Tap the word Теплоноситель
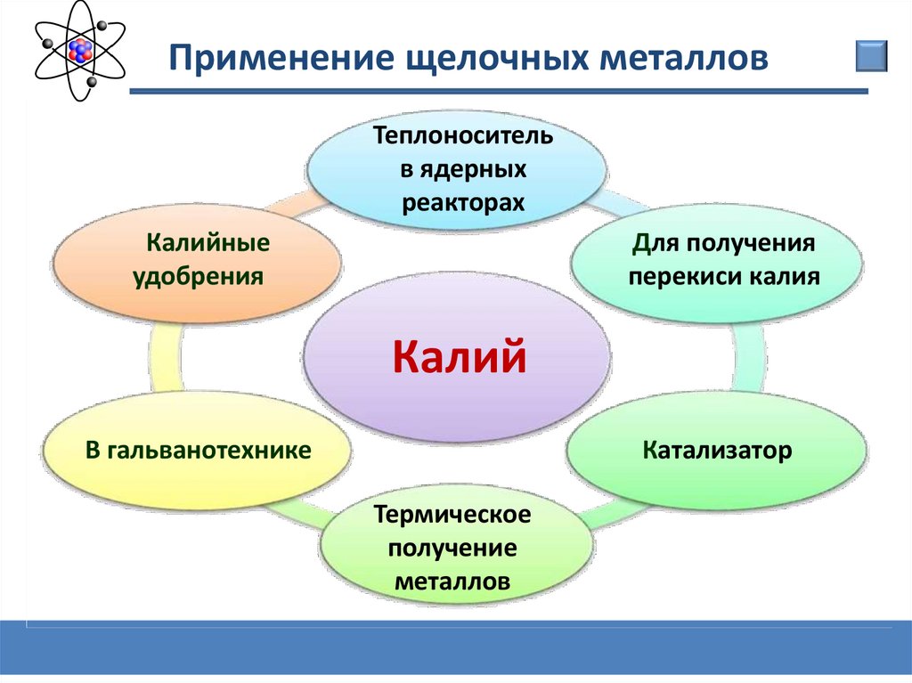click(462, 138)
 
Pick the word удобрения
click(198, 275)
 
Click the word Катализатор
click(717, 450)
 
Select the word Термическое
click(453, 515)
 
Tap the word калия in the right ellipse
click(783, 275)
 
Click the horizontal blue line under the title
click(499, 91)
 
